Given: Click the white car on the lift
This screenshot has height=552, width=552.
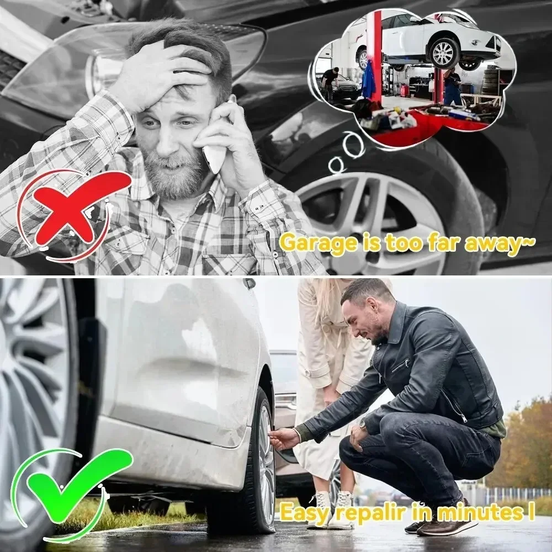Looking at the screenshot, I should pos(436,39).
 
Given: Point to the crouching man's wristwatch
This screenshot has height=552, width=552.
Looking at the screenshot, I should pos(364,425).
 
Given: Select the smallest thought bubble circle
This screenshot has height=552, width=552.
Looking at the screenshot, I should pos(335,164).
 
